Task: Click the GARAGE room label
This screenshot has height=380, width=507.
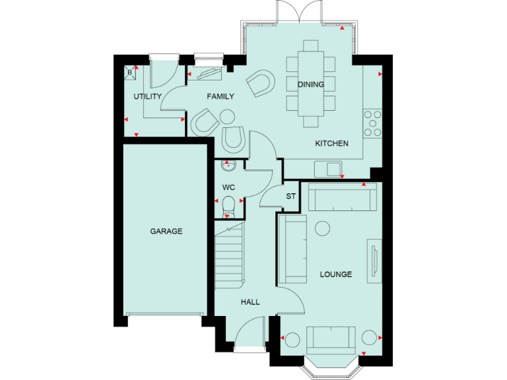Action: [166, 232]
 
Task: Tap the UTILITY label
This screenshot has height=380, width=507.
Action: [147, 97]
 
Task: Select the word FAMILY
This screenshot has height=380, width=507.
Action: [220, 97]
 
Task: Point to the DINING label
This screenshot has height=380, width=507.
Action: [310, 84]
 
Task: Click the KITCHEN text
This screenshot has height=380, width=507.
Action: [331, 144]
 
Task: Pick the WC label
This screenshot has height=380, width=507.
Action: [229, 187]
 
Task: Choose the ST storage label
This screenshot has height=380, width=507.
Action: [290, 197]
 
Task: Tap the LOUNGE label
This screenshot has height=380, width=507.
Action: [336, 274]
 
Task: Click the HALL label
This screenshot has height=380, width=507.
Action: [250, 302]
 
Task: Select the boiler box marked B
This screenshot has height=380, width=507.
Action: [129, 72]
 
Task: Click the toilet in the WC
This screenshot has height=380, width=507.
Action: [228, 204]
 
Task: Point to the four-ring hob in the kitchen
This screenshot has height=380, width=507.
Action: [373, 123]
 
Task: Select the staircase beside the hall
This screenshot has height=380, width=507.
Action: [229, 254]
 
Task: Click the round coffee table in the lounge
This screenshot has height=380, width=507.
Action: [322, 228]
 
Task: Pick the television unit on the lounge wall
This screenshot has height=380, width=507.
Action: [373, 259]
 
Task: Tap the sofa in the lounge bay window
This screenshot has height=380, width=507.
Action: [331, 338]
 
